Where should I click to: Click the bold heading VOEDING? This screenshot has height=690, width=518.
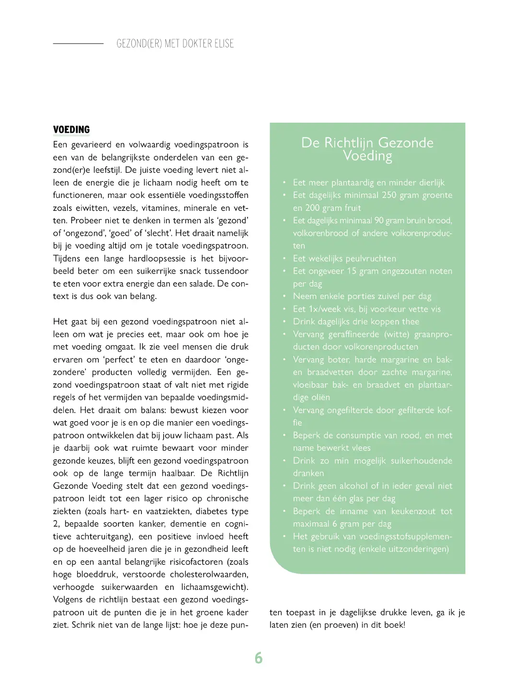click(x=71, y=130)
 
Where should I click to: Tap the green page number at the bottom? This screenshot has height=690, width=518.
click(x=259, y=658)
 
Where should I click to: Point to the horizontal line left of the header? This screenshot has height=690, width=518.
click(x=78, y=44)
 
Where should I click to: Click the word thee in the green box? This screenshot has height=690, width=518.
click(x=410, y=322)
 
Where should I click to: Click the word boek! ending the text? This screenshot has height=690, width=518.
click(x=395, y=625)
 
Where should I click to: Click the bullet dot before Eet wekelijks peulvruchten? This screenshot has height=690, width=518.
click(x=284, y=259)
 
